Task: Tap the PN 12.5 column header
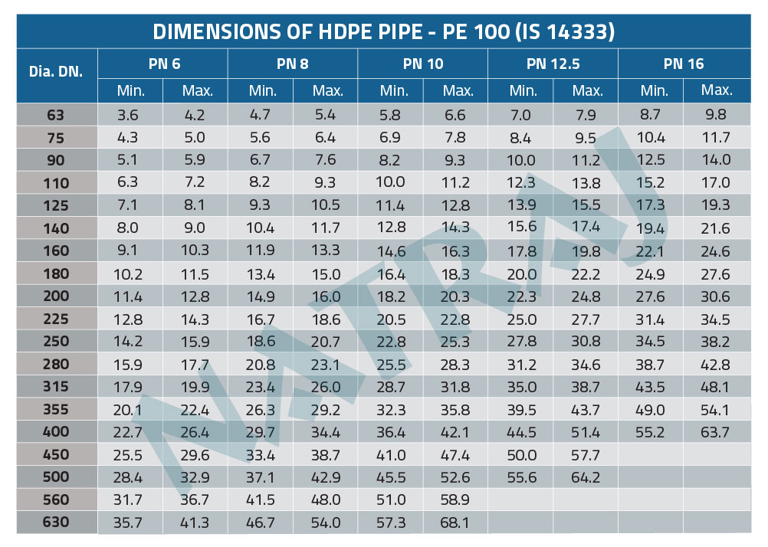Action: click(x=553, y=64)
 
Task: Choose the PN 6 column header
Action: click(x=164, y=64)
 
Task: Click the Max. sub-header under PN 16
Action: click(x=717, y=90)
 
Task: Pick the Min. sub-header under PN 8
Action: click(x=263, y=91)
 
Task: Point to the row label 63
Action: click(x=56, y=116)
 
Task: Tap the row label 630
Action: click(x=56, y=522)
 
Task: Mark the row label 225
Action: click(x=56, y=319)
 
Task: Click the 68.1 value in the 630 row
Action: click(x=458, y=523)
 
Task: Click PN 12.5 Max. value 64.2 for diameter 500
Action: click(x=587, y=477)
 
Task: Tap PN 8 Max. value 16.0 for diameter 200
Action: click(x=328, y=296)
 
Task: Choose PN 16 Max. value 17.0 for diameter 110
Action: click(x=717, y=183)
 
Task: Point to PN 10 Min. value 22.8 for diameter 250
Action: click(x=393, y=342)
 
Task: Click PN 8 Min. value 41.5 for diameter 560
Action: click(x=263, y=500)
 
